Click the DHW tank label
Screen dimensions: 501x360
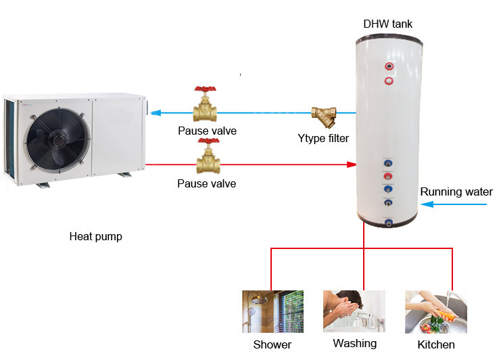[x=387, y=24]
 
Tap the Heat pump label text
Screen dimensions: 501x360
[x=96, y=237]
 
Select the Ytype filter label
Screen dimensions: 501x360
[x=323, y=139]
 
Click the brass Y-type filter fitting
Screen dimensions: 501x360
[x=324, y=116]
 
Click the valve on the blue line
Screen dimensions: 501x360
[x=205, y=104]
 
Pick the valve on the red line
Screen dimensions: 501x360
[x=208, y=156]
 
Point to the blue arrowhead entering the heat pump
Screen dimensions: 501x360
[x=156, y=113]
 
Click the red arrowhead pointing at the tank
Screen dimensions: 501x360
[x=352, y=164]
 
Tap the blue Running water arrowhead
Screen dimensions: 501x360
[x=427, y=204]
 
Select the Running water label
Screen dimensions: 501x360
[x=456, y=192]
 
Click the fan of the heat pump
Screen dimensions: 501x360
[x=58, y=141]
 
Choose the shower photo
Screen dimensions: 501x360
[x=272, y=311]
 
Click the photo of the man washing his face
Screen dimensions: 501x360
[x=354, y=311]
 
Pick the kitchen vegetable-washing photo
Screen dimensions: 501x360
[x=436, y=312]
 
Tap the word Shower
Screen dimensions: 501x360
[x=272, y=344]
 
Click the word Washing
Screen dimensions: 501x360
[x=355, y=344]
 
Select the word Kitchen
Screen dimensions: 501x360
[x=436, y=344]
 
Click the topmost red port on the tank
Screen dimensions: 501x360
[x=389, y=66]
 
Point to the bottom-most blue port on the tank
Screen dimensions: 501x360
[x=389, y=223]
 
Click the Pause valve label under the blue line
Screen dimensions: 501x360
[x=207, y=131]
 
